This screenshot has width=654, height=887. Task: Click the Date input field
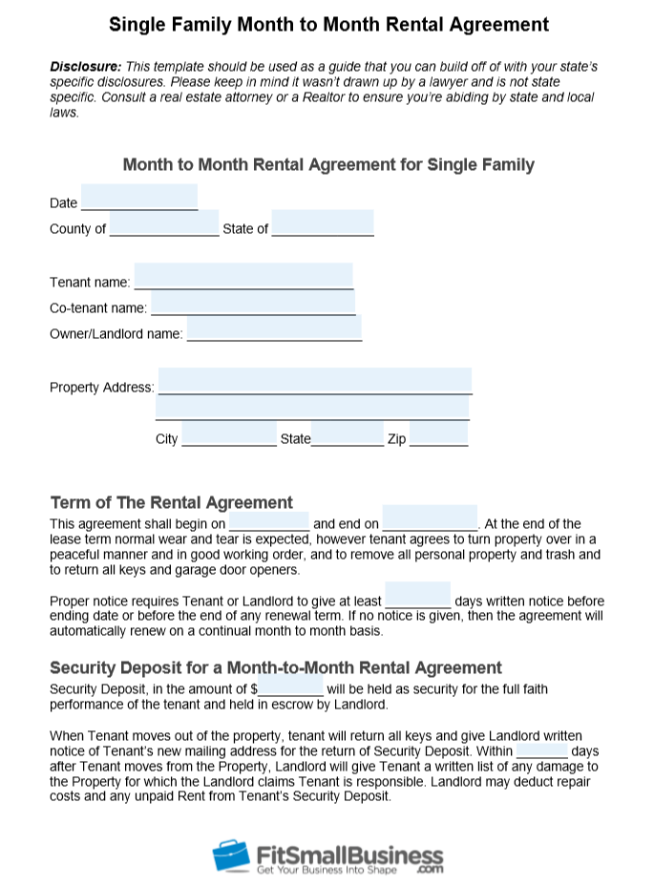pos(139,198)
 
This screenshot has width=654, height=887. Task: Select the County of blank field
pos(164,224)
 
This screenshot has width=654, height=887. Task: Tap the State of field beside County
pos(323,224)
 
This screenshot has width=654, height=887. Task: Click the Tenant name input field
pos(243,277)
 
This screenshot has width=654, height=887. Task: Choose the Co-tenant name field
pos(253,304)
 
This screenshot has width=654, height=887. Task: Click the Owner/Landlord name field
pos(274,329)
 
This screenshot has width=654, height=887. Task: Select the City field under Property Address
pos(229,434)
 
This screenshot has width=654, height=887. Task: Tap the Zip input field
pos(439,434)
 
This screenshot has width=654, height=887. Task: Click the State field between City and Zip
pos(348,434)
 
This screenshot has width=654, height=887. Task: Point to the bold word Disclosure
pos(84,67)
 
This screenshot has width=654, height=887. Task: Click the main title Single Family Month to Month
pos(328,24)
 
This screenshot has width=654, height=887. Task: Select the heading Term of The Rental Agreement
pos(171,502)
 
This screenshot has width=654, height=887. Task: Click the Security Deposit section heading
pos(275,667)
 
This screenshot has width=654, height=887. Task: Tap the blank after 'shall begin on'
pos(269,519)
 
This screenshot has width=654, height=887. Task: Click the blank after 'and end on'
pos(430,519)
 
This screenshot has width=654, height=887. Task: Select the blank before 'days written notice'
pos(418,597)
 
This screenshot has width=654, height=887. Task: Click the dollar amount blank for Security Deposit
pos(291,685)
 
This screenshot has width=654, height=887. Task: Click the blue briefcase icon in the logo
pos(230,854)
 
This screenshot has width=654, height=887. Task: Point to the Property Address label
pos(101,388)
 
